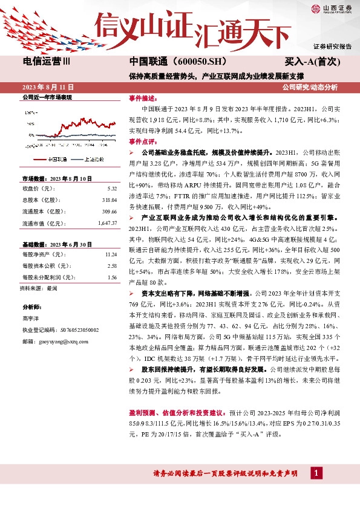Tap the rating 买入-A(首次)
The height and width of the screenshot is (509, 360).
(313, 62)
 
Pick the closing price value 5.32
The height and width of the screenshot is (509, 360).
(111, 188)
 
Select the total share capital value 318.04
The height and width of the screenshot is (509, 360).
(109, 199)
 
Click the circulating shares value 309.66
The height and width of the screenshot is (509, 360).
(109, 211)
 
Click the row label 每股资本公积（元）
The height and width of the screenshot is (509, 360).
(44, 266)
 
